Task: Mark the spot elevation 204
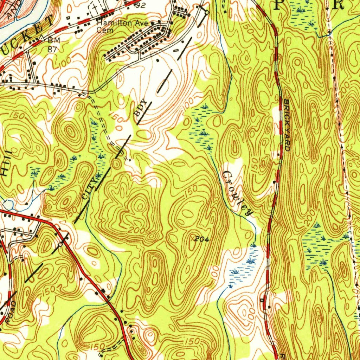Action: pos(202,239)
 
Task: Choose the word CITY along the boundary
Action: pos(89,189)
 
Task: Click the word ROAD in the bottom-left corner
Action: pos(11,312)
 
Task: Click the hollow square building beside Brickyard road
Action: pos(262,300)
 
